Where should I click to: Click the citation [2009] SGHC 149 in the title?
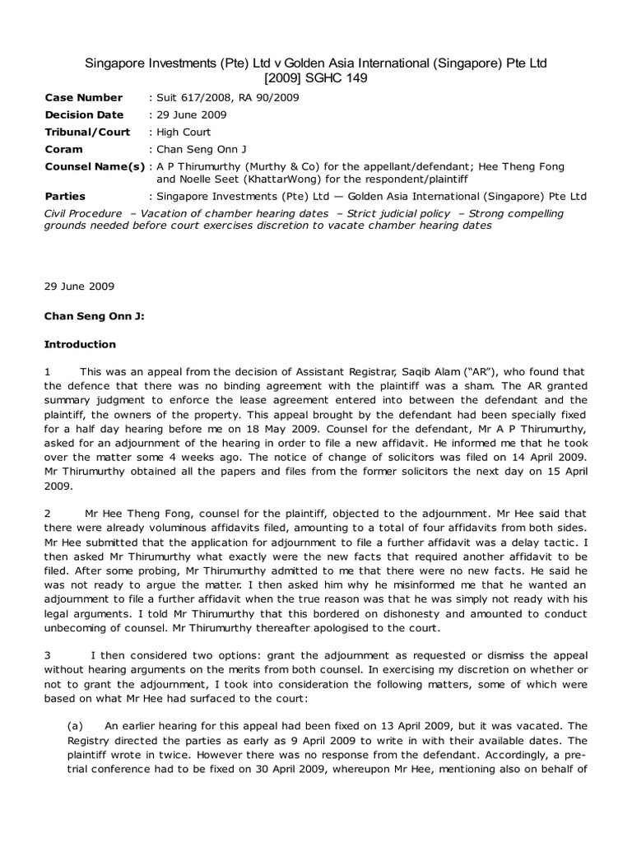pos(316,78)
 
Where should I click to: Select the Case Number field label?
pos(83,97)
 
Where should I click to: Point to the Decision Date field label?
pos(84,114)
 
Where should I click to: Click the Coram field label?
pos(63,149)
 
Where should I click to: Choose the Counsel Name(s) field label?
pos(94,166)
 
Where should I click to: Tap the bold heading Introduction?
pos(80,344)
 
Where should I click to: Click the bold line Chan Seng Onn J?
pos(83,315)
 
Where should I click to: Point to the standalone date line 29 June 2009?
pos(79,286)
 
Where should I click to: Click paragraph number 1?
pos(47,373)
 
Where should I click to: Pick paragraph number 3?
pos(47,634)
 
